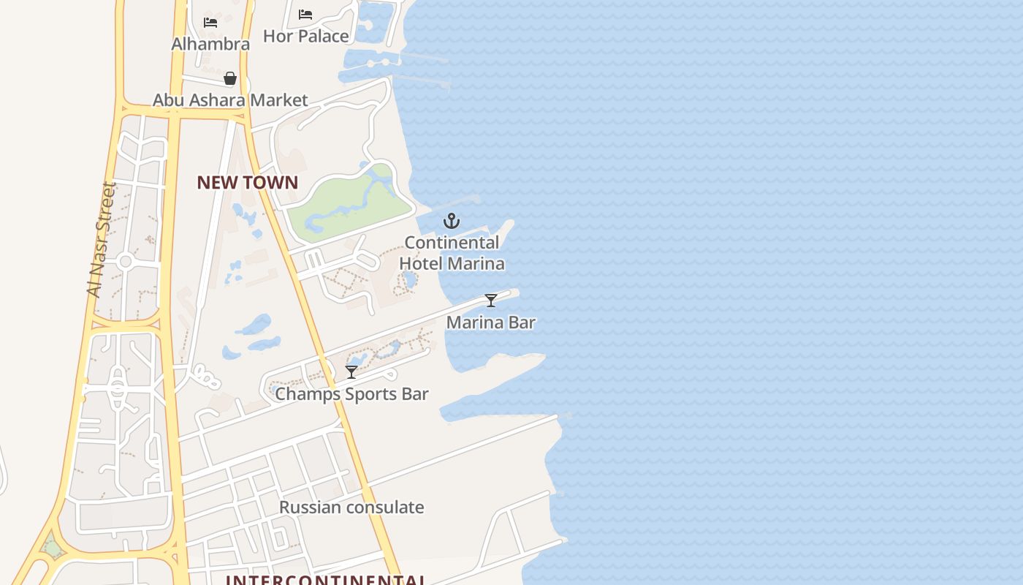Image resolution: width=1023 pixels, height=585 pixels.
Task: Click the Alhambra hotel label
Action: click(210, 44)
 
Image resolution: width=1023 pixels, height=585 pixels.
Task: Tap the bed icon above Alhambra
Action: click(210, 23)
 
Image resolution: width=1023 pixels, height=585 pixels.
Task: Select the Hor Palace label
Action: click(305, 36)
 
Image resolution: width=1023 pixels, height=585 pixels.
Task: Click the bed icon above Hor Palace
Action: click(305, 15)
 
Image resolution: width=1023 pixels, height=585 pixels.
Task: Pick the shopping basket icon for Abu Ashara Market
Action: click(230, 78)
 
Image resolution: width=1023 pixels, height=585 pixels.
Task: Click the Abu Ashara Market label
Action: click(230, 100)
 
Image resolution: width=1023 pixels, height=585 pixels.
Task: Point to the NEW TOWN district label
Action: click(247, 183)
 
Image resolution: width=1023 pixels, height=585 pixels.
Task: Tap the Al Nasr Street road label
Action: click(102, 239)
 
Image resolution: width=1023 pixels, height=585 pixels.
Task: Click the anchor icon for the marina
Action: click(452, 220)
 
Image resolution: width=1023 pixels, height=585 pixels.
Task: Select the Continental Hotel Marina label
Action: click(452, 252)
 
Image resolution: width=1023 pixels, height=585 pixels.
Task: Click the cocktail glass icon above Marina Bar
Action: click(491, 301)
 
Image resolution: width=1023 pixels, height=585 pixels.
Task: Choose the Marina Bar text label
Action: click(491, 322)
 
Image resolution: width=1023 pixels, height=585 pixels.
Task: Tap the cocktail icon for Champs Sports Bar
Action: click(351, 372)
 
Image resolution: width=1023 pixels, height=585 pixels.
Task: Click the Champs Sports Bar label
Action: click(351, 394)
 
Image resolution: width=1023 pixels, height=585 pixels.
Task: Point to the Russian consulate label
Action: click(351, 507)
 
